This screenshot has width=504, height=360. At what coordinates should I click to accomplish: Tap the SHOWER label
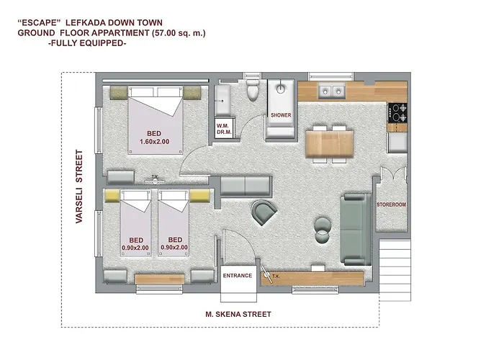tap(281, 115)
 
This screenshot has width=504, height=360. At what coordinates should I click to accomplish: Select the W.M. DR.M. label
tap(222, 128)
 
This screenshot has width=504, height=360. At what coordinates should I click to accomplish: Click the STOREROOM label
tap(392, 205)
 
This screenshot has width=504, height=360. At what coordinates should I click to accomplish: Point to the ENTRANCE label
tap(238, 275)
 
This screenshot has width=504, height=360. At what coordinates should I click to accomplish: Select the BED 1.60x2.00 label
tap(154, 138)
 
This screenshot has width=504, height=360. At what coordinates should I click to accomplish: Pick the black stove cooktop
tap(397, 112)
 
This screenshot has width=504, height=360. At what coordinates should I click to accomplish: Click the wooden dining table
tap(330, 143)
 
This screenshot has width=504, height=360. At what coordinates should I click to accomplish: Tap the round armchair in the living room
tap(264, 212)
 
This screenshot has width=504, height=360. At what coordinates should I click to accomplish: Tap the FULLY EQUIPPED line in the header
tap(86, 43)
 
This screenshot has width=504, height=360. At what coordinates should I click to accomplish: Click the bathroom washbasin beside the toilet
tap(222, 96)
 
